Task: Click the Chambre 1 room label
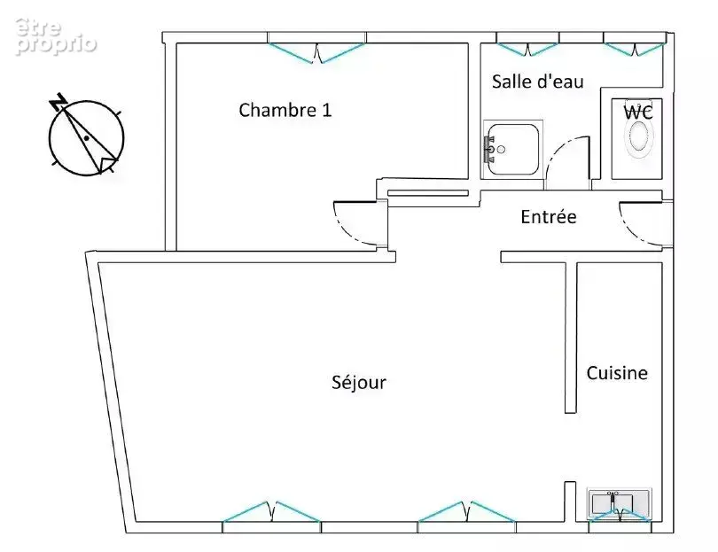click(285, 110)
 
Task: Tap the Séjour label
click(359, 382)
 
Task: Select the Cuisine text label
click(617, 373)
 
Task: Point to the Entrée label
click(549, 216)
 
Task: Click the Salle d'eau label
click(537, 82)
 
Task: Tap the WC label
click(638, 112)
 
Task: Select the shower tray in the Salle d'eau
click(513, 149)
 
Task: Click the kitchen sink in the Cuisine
click(620, 503)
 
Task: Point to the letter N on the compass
click(58, 102)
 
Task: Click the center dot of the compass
click(86, 137)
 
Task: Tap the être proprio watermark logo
click(56, 36)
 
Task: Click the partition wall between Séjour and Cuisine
click(571, 337)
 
